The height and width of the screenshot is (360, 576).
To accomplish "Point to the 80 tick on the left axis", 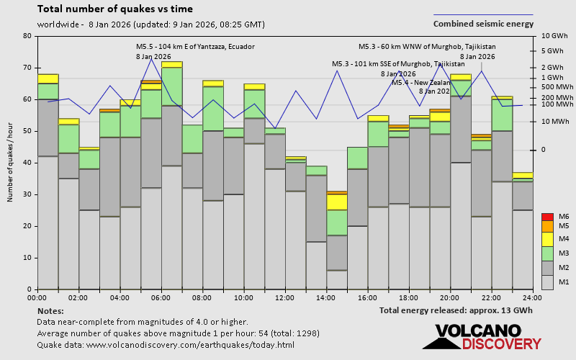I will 27,36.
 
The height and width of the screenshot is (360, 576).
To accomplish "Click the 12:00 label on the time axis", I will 284,297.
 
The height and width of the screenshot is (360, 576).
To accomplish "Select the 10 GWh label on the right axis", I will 554,36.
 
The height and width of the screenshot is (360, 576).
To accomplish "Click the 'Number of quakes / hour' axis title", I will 10,163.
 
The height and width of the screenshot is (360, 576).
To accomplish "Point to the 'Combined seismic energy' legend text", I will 483,24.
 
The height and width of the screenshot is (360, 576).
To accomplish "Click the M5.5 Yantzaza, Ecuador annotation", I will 185,47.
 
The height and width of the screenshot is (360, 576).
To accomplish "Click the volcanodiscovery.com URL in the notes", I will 166,345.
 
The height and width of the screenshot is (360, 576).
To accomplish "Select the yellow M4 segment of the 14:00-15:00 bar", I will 337,202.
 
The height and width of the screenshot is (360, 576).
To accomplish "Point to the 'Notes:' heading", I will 50,310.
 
